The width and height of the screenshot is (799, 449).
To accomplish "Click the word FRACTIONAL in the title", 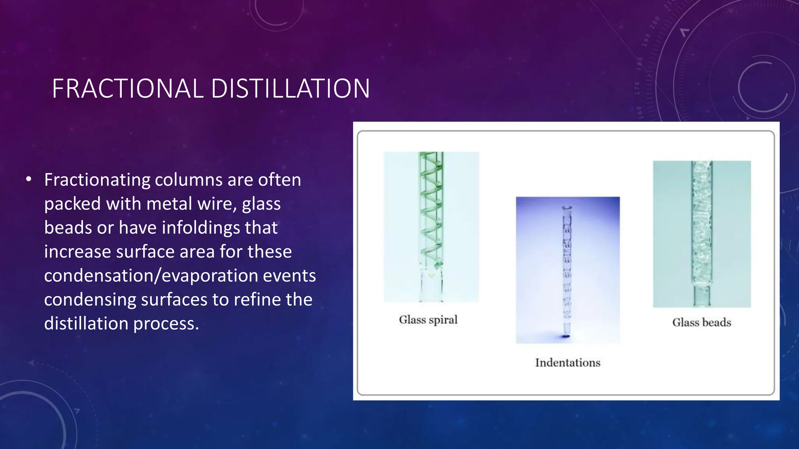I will [x=128, y=88].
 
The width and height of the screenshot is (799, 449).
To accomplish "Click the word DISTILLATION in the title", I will [x=290, y=88].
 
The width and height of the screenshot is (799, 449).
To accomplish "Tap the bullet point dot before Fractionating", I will [x=28, y=180].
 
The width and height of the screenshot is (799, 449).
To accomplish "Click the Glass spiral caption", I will [x=428, y=320].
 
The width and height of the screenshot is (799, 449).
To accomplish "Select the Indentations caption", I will [x=568, y=363].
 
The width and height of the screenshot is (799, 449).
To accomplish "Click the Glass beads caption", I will [x=701, y=323].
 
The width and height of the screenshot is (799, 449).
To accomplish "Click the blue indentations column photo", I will [x=568, y=270].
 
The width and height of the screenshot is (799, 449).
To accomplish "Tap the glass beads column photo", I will [x=701, y=234].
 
